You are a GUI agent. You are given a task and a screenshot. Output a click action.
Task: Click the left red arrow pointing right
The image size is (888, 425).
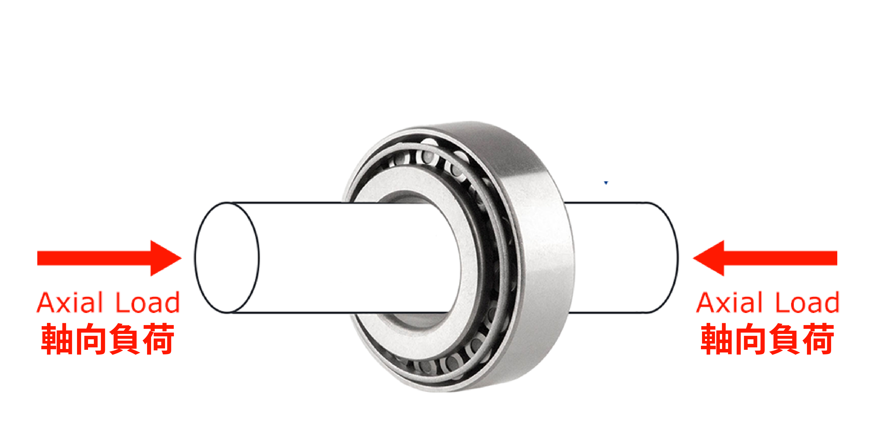tap(109, 258)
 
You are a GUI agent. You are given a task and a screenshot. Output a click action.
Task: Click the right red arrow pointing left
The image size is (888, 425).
tap(765, 258)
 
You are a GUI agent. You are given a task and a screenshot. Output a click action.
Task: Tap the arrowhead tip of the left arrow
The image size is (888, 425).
tap(182, 258)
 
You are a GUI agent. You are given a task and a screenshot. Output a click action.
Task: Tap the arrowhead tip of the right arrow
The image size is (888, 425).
tap(693, 258)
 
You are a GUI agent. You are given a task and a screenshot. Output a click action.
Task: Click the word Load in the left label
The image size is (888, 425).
tap(148, 302)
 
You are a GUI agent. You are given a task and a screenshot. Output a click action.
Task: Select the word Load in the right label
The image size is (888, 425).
tap(807, 302)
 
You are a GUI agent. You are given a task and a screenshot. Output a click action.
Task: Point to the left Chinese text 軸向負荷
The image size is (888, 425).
tap(108, 339)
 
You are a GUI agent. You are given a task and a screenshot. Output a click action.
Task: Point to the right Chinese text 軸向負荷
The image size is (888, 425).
tap(767, 339)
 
